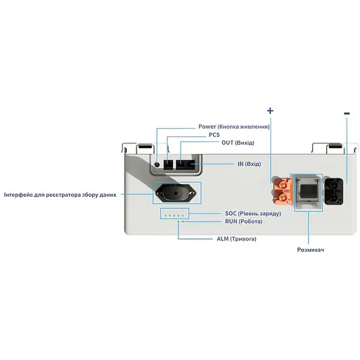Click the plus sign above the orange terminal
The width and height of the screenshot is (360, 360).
(270, 111)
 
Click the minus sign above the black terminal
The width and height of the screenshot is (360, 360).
(346, 112)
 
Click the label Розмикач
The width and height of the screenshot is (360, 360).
(309, 250)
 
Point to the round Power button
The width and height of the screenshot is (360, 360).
(156, 165)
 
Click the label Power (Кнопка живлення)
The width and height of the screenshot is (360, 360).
(234, 127)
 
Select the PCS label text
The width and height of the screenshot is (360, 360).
(214, 135)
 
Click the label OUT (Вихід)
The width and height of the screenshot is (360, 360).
(238, 143)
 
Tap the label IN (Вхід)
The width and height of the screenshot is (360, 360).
(249, 164)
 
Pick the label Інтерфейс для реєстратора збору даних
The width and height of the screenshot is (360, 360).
(60, 193)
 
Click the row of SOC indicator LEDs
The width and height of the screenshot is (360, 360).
(172, 213)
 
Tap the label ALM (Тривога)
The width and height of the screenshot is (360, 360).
(236, 239)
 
